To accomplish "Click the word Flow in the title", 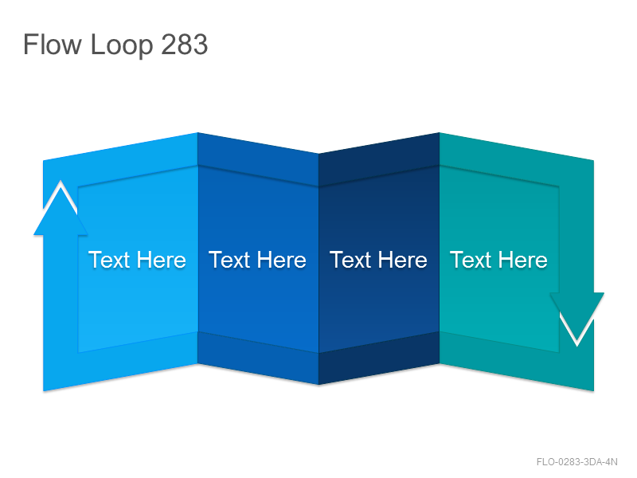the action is tap(53, 44).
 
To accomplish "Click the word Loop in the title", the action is tap(122, 45).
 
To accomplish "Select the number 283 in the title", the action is tap(185, 44).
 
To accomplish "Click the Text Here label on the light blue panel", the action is tap(137, 260).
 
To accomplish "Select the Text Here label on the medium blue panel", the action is tap(257, 260).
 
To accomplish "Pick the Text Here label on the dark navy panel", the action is tap(379, 260).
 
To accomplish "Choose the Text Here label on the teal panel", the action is tap(499, 260).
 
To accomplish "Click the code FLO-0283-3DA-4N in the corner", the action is tap(576, 462).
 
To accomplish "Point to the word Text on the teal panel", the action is tap(471, 260).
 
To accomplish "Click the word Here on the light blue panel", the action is tap(162, 260).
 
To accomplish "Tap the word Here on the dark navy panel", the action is tap(403, 260).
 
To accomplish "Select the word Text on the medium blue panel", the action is tap(229, 260).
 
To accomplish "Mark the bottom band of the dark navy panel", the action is tap(379, 358).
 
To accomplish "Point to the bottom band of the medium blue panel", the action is tap(258, 358).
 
